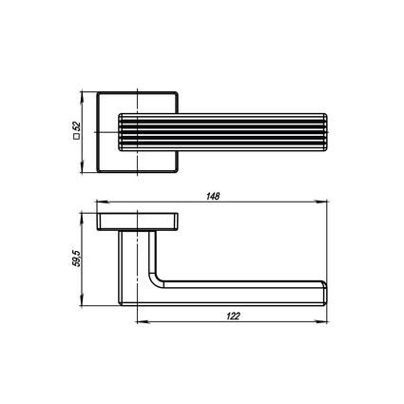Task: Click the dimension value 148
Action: pos(213,197)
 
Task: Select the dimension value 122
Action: pos(233,316)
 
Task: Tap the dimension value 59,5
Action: pos(77,259)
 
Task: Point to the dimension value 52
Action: pos(77,126)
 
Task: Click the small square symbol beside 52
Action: pos(76,137)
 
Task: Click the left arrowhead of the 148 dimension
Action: pos(102,202)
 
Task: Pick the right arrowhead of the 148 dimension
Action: pos(321,202)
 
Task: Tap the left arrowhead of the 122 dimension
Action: pos(142,322)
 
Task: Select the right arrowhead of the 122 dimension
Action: pos(321,322)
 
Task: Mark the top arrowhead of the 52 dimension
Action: pos(83,97)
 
